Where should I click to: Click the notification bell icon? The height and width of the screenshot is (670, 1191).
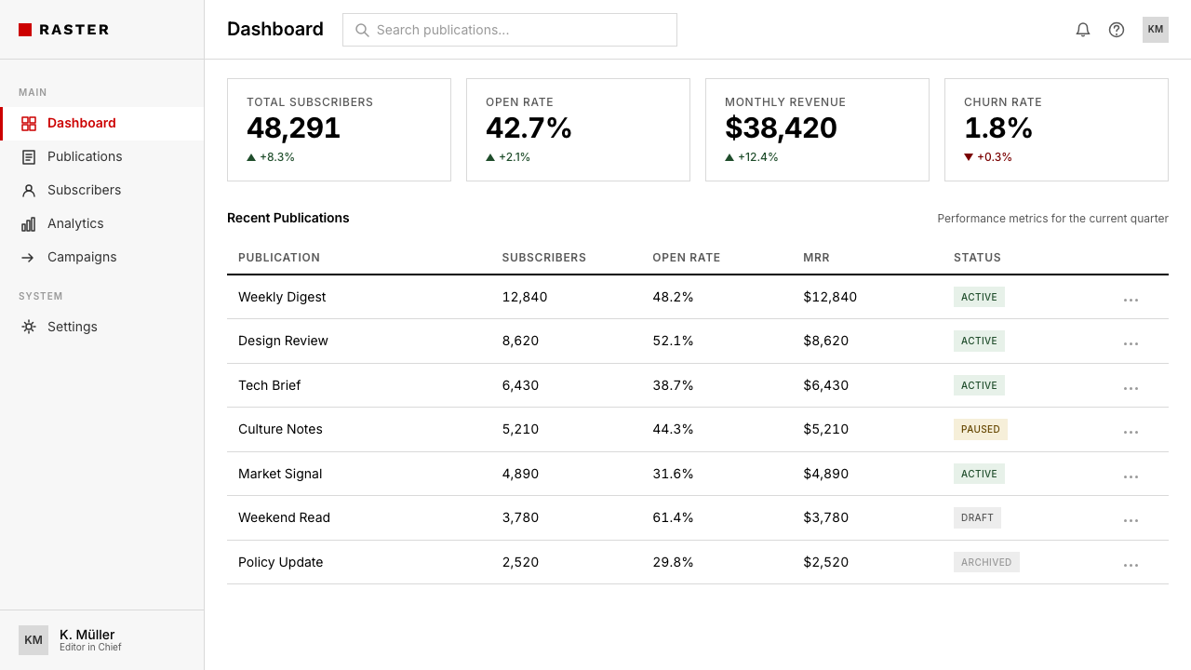1082,30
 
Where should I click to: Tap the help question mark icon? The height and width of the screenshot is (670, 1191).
1116,30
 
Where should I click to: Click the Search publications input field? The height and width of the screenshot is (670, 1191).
509,30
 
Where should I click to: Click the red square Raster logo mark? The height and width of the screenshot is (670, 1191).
25,30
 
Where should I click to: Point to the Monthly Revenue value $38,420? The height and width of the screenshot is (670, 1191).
781,128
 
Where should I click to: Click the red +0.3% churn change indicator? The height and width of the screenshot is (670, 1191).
988,157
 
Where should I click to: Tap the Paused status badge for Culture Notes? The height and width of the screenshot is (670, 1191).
980,429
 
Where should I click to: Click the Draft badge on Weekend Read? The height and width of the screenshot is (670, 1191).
977,518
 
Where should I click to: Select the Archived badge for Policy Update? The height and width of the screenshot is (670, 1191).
986,562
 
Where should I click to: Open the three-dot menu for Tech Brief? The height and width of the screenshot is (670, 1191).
1131,389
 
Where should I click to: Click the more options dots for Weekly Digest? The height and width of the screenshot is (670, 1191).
1131,301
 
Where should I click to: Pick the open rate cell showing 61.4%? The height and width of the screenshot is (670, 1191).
673,518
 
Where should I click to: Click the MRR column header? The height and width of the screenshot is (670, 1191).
816,258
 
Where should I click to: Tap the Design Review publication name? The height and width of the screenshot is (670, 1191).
283,341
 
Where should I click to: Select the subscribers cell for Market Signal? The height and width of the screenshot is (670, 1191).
520,474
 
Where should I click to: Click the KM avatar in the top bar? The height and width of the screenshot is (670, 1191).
1156,30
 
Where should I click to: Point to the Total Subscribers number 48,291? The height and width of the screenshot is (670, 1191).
293,128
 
